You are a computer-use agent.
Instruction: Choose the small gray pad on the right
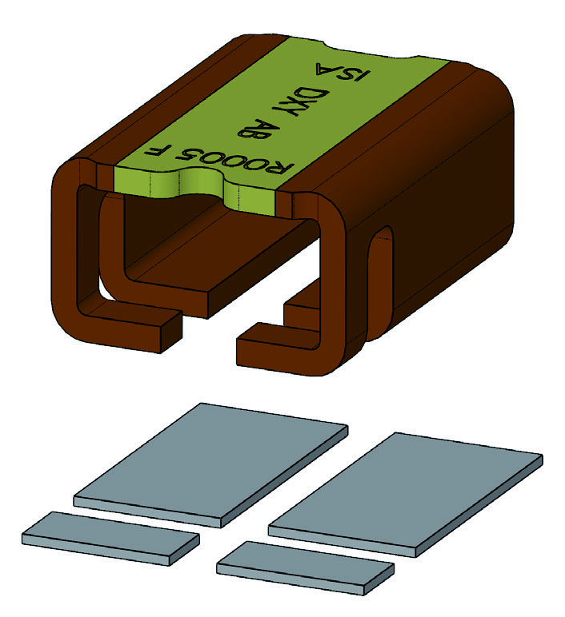pyautogui.click(x=306, y=566)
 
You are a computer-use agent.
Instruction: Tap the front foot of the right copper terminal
pyautogui.click(x=280, y=344)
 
